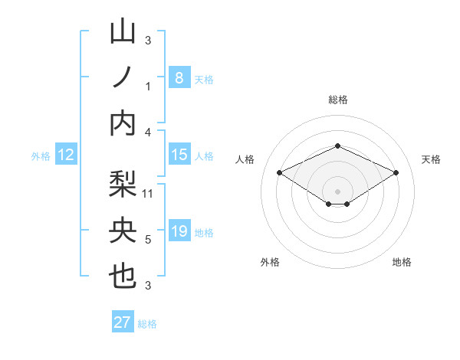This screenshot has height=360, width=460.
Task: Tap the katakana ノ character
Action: (x=123, y=77)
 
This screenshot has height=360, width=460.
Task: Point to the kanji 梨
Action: (x=123, y=185)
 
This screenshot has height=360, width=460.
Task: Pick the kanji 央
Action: (x=123, y=231)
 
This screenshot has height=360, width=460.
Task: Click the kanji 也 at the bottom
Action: (x=123, y=277)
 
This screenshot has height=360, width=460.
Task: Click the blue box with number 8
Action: (x=179, y=77)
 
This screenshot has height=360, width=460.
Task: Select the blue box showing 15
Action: (x=179, y=155)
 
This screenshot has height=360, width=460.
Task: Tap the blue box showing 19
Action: (x=179, y=231)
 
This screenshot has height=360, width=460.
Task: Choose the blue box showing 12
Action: (x=65, y=155)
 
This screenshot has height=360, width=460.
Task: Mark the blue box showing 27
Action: (x=122, y=322)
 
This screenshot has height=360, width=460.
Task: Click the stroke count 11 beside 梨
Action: (x=149, y=193)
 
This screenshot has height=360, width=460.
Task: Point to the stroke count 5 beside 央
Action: (x=148, y=240)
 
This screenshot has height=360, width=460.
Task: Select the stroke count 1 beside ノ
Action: (x=148, y=86)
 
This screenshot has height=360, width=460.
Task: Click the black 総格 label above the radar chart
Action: (x=337, y=100)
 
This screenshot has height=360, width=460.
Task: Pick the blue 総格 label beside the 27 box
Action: (x=147, y=324)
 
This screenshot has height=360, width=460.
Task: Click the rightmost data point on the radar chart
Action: (x=396, y=173)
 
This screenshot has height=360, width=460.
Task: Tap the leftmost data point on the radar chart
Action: (x=279, y=173)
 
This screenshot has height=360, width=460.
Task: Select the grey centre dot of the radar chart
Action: (x=337, y=190)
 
